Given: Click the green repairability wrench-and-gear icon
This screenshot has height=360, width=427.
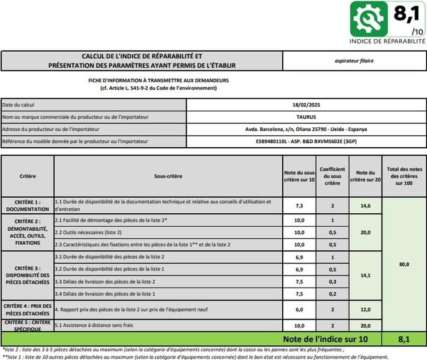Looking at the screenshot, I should coord(369,19).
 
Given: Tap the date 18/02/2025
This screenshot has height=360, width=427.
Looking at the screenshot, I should coord(306,105).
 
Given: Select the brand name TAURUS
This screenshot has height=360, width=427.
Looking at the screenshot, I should coord(306,117).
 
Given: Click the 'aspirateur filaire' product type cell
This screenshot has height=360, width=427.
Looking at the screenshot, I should coord(354,61).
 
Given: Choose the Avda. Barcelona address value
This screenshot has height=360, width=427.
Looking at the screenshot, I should coord(306,129).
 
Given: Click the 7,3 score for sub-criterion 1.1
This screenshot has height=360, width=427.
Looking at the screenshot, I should coord(299,205).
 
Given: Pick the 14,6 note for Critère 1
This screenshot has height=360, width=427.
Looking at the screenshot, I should coord(365,205).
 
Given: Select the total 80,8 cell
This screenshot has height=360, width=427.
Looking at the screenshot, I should coord(404,264).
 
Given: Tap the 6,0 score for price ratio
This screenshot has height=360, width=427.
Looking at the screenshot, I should coord(299,310).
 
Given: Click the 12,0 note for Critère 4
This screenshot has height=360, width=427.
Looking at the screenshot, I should coord(365,310).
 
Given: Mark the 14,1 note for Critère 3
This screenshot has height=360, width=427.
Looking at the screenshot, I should coord(365,275).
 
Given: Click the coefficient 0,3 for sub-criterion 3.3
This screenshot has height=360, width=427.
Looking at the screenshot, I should coord(332,282).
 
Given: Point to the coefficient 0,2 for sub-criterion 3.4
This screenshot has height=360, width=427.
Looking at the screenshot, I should coord(332,294).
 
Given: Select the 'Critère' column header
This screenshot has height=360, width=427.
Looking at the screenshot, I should coord(28,176).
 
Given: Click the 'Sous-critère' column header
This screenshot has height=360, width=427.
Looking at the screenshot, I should coord(168,176).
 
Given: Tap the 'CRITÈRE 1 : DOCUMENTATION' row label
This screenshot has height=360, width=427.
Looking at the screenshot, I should coord(28,205).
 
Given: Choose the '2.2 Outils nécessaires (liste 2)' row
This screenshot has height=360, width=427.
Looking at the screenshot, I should coord(168,232).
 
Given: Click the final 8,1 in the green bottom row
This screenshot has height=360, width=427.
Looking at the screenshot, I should coord(404,339).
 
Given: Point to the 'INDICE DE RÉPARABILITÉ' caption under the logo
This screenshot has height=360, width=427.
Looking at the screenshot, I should coord(387,41).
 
